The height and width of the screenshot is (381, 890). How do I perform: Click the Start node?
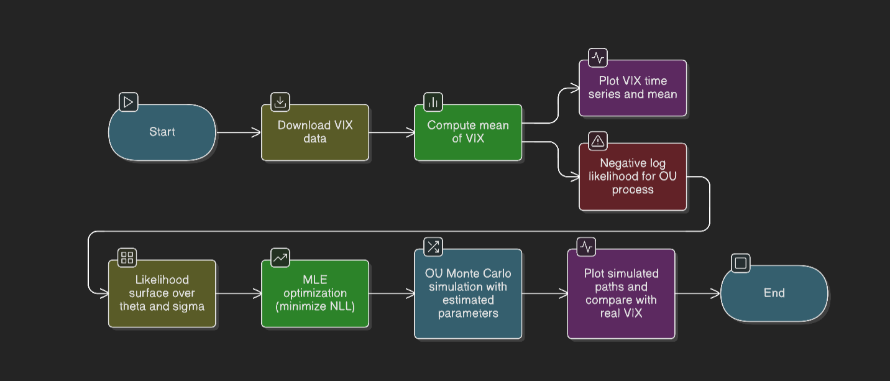click(x=162, y=132)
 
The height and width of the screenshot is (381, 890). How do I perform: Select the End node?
click(x=774, y=293)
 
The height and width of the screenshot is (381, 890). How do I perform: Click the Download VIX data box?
click(x=315, y=132)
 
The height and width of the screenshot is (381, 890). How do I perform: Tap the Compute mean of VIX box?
click(x=468, y=132)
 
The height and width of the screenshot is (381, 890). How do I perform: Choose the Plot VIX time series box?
click(x=633, y=88)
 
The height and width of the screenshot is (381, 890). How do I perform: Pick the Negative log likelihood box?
click(x=633, y=177)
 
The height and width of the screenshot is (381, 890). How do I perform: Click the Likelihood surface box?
click(x=162, y=293)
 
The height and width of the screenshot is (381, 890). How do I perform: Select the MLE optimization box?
click(x=315, y=293)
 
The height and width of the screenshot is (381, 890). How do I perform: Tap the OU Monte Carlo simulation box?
click(x=468, y=293)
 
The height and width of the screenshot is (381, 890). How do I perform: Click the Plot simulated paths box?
click(x=621, y=293)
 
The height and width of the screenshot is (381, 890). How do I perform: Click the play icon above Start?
click(x=128, y=102)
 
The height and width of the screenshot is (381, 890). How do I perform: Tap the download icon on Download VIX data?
click(x=280, y=102)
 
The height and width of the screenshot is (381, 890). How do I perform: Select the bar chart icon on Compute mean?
click(x=433, y=102)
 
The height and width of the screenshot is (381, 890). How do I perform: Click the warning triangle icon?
click(x=598, y=141)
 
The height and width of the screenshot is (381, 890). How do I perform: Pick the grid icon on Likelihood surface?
click(x=127, y=257)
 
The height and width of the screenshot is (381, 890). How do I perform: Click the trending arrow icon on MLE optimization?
click(x=280, y=257)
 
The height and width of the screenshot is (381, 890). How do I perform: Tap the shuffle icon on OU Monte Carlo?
click(x=433, y=247)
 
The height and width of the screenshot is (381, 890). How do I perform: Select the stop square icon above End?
click(x=740, y=263)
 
